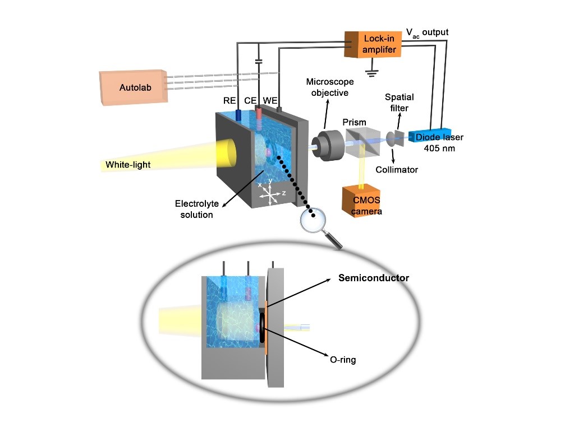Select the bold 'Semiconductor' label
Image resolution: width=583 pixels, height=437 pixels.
374,278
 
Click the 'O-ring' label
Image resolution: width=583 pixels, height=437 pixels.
342,360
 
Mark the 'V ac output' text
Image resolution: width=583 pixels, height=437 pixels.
427,32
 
